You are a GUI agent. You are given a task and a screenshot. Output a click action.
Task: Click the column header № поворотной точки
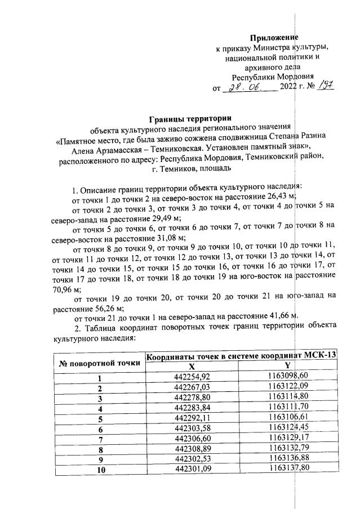pos(100,363)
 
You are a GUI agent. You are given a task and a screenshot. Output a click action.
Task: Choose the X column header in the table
pos(192,367)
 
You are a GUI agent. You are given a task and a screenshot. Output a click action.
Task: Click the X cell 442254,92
pos(192,377)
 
